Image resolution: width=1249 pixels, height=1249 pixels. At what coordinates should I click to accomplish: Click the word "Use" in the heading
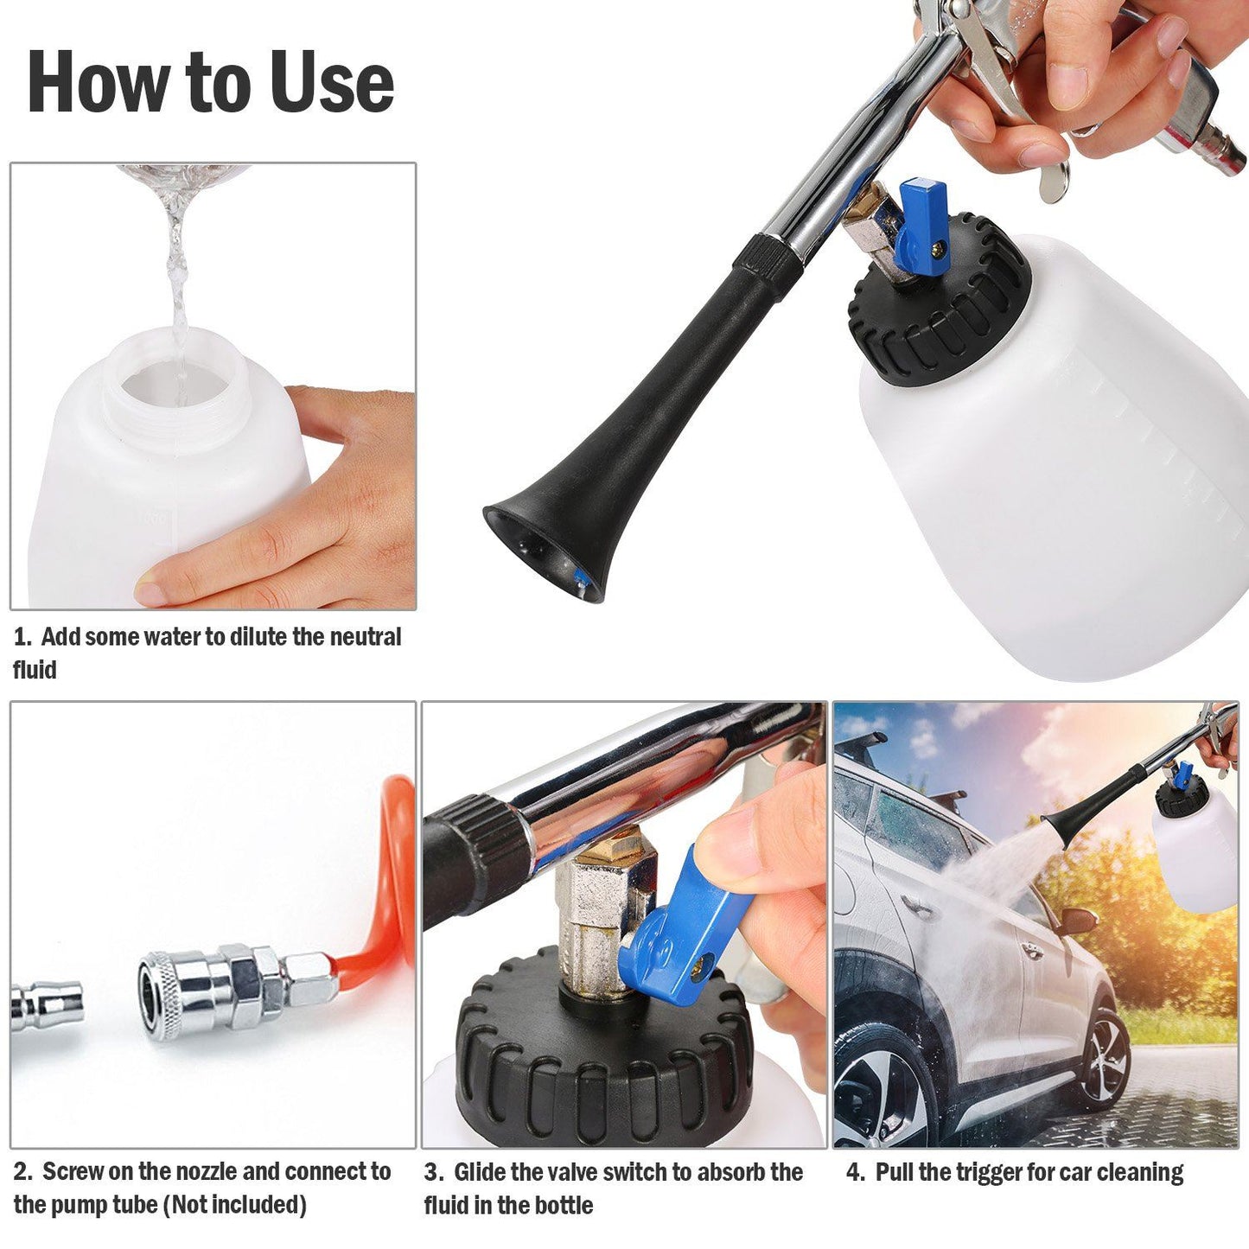[x=332, y=82]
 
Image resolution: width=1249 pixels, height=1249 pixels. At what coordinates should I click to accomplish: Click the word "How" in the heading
[x=98, y=82]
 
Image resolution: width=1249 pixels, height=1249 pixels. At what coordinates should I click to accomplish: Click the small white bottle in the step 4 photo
[x=1198, y=851]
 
